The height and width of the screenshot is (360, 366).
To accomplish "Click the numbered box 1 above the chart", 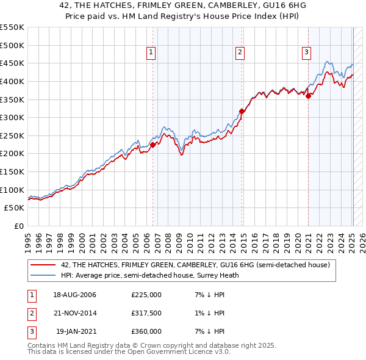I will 151,53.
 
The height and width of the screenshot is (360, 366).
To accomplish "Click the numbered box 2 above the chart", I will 240,53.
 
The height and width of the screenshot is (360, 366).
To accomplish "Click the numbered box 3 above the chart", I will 306,53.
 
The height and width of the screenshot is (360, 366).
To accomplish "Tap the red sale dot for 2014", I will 242,111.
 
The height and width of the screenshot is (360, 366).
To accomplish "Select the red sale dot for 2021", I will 309,96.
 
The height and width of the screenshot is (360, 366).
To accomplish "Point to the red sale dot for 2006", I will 153,145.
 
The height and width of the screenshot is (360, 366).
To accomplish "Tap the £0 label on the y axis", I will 18,226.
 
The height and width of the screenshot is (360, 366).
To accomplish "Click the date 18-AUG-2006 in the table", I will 74,295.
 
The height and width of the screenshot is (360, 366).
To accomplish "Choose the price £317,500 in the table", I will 146,313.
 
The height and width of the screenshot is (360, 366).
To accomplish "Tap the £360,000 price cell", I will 146,331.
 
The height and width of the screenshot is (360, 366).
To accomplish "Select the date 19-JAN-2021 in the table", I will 74,331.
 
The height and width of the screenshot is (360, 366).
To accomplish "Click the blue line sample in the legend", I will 43,275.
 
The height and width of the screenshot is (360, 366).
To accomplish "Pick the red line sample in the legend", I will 43,265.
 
